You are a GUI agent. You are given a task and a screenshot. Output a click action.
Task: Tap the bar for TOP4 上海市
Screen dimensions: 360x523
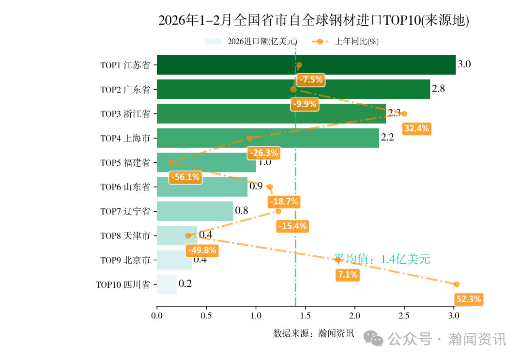pyautogui.click(x=268, y=138)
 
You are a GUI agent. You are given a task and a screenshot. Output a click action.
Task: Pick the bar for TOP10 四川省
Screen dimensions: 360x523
pyautogui.click(x=167, y=284)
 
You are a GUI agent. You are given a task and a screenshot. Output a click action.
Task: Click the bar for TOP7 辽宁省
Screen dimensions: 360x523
pyautogui.click(x=195, y=211)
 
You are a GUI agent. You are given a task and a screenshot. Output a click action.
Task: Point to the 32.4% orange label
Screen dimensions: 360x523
pyautogui.click(x=416, y=128)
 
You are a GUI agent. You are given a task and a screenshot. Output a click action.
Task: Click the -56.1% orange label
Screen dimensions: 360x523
pyautogui.click(x=185, y=177)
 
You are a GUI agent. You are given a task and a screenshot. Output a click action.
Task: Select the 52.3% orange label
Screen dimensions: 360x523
pyautogui.click(x=468, y=299)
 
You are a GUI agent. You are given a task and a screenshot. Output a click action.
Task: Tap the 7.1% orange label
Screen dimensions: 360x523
pyautogui.click(x=348, y=275)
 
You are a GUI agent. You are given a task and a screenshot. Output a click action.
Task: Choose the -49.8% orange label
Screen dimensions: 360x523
pyautogui.click(x=202, y=250)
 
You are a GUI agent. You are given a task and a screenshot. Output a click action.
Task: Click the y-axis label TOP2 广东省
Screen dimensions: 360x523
pyautogui.click(x=125, y=90)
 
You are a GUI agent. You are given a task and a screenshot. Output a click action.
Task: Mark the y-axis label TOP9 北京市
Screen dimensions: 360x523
pyautogui.click(x=125, y=260)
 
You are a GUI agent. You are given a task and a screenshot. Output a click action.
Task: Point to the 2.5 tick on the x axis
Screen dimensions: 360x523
pyautogui.click(x=404, y=316)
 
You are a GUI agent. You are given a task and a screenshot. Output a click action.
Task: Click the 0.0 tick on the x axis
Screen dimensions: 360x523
pyautogui.click(x=157, y=316)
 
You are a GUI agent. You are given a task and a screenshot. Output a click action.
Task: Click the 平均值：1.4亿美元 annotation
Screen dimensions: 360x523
pyautogui.click(x=382, y=259)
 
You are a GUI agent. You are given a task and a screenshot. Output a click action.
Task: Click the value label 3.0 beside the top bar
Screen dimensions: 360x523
pyautogui.click(x=464, y=64)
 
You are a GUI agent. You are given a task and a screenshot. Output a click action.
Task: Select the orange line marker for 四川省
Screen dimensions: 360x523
pyautogui.click(x=456, y=284)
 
